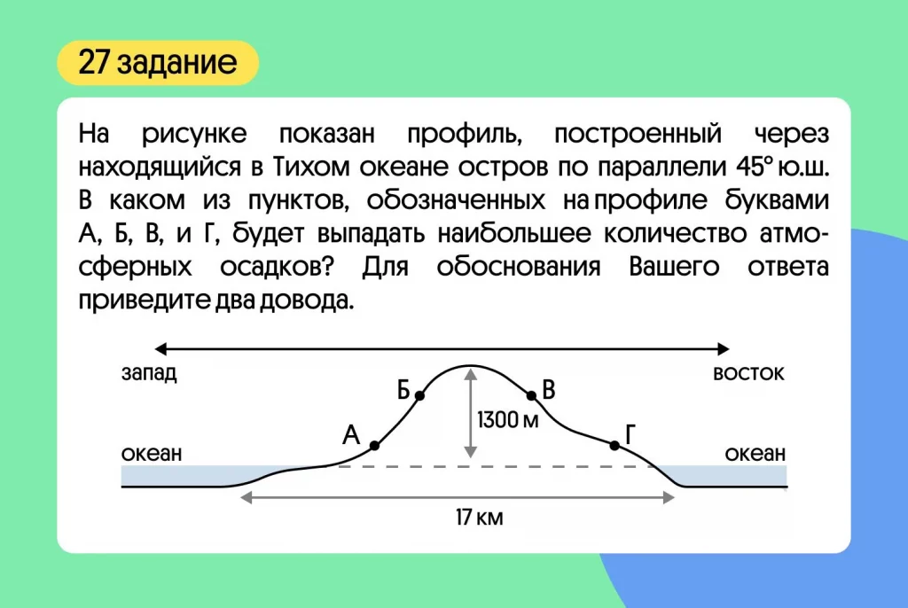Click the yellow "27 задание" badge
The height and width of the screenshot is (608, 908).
[158, 63]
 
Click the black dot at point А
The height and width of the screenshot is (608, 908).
[375, 445]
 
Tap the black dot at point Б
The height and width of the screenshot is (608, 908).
[419, 395]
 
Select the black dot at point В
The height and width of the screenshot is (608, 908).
[532, 395]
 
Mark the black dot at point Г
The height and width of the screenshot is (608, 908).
[614, 445]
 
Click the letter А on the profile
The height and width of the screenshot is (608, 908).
[351, 434]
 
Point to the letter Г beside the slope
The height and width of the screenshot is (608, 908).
[630, 433]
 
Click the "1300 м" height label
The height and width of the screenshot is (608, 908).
[508, 420]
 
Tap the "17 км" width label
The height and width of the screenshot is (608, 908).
[480, 517]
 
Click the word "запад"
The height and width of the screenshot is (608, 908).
[149, 373]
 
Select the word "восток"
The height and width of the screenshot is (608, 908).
[748, 373]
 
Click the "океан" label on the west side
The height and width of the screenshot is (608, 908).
[152, 454]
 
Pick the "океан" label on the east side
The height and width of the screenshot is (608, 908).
[755, 454]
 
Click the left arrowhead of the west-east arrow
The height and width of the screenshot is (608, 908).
[160, 348]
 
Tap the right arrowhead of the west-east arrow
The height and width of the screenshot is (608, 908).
[724, 348]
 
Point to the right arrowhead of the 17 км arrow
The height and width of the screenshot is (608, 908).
[669, 497]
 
